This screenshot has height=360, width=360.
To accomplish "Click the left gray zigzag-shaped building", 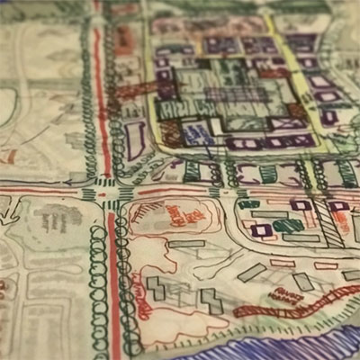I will pyautogui.click(x=157, y=289).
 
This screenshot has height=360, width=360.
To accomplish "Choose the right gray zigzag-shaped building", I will pyautogui.click(x=211, y=301).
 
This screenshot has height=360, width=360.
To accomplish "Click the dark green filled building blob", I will pyautogui.click(x=288, y=225).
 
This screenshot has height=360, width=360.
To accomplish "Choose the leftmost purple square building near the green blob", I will pyautogui.click(x=261, y=230).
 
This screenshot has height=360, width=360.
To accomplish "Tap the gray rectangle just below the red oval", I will pyautogui.click(x=185, y=244).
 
